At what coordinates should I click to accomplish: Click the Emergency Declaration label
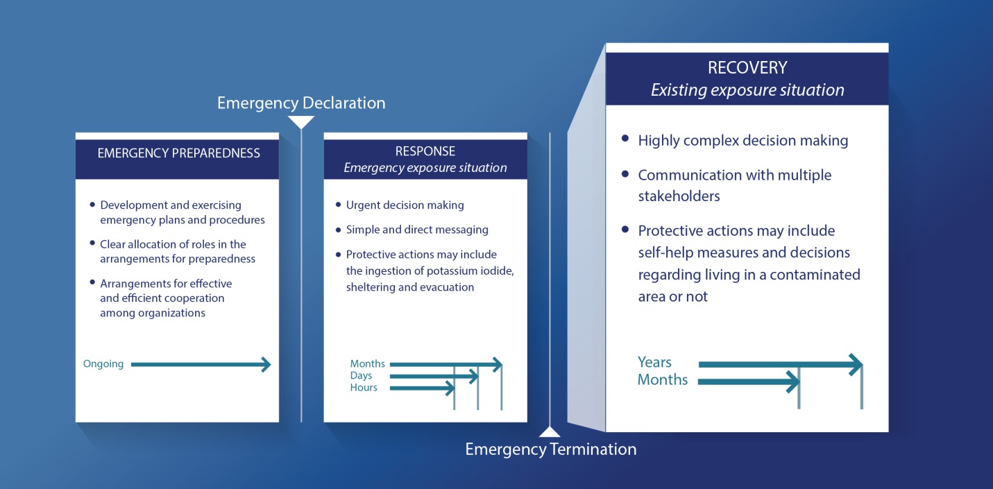(301, 103)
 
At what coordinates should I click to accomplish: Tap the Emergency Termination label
(550, 449)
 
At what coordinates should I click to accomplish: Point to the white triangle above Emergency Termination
(550, 432)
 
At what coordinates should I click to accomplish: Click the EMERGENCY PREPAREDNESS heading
(178, 153)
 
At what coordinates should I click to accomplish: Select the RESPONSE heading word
(425, 151)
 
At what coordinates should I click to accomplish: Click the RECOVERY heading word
(747, 68)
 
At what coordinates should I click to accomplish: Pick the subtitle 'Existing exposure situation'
(747, 90)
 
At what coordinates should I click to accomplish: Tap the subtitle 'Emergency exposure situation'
(425, 168)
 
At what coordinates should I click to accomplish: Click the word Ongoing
(103, 364)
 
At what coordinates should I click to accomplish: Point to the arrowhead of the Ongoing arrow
(266, 365)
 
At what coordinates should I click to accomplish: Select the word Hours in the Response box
(364, 388)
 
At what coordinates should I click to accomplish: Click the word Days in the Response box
(361, 376)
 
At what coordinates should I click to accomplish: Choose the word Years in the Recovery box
(654, 362)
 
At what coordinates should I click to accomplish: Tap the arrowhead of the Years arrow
(856, 365)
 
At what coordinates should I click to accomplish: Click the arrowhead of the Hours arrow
(450, 388)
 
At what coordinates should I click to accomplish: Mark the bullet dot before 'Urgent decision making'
(338, 205)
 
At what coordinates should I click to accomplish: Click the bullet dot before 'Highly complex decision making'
(625, 139)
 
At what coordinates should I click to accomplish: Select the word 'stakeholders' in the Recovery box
(679, 196)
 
